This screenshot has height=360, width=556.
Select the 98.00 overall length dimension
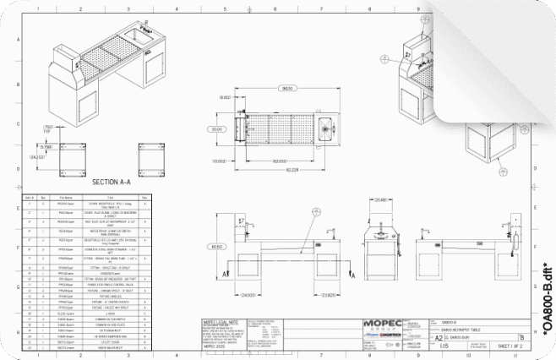point(287,89)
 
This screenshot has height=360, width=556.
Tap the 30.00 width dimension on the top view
point(216,129)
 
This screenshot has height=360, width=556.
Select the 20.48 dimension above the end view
point(380,200)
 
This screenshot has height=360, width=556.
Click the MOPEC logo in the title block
point(384,324)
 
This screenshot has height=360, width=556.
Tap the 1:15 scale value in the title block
point(439,346)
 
